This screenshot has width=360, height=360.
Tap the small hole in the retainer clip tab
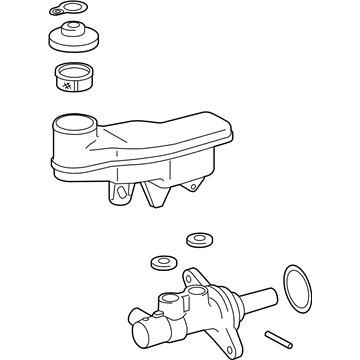click(53, 11)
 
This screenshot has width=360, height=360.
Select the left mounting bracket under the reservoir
click(123, 192)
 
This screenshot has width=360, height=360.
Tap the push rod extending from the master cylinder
click(263, 299)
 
